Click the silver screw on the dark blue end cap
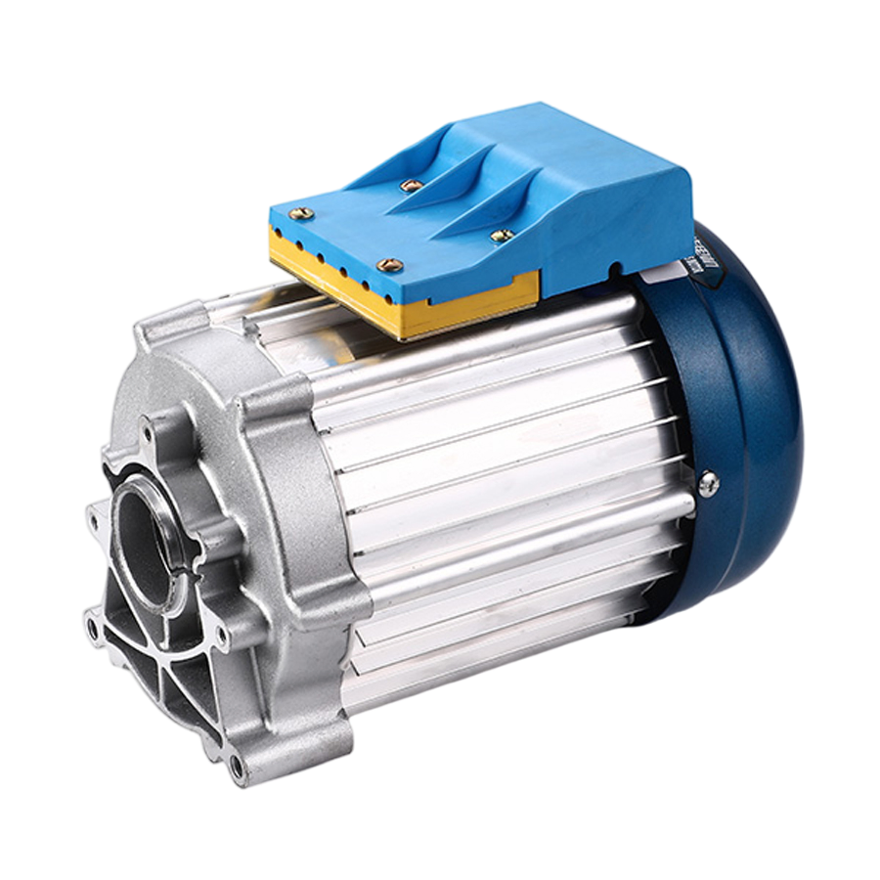[x=709, y=482]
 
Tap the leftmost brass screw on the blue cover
[x=302, y=212]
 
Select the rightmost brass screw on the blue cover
[x=503, y=235]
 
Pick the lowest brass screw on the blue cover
[x=389, y=264]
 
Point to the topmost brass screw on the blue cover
[x=412, y=184]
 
